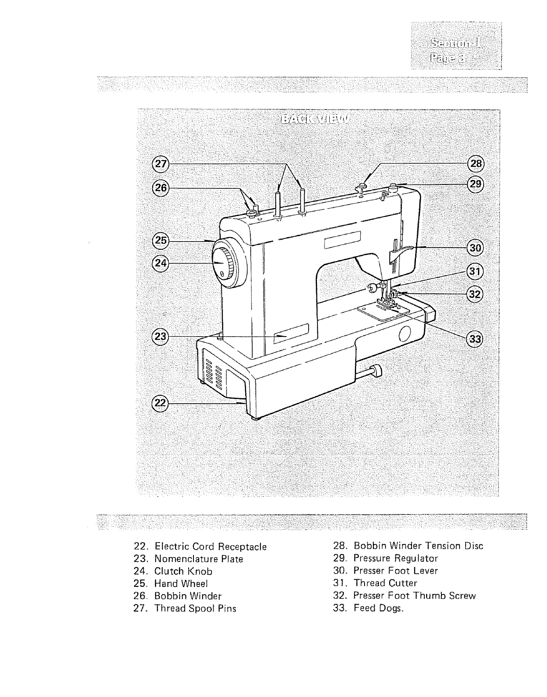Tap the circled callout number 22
point(159,403)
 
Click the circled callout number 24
point(159,263)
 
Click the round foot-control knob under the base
point(378,372)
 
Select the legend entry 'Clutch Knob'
point(183,572)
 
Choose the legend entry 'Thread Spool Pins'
point(195,609)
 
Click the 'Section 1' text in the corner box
point(456,43)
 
